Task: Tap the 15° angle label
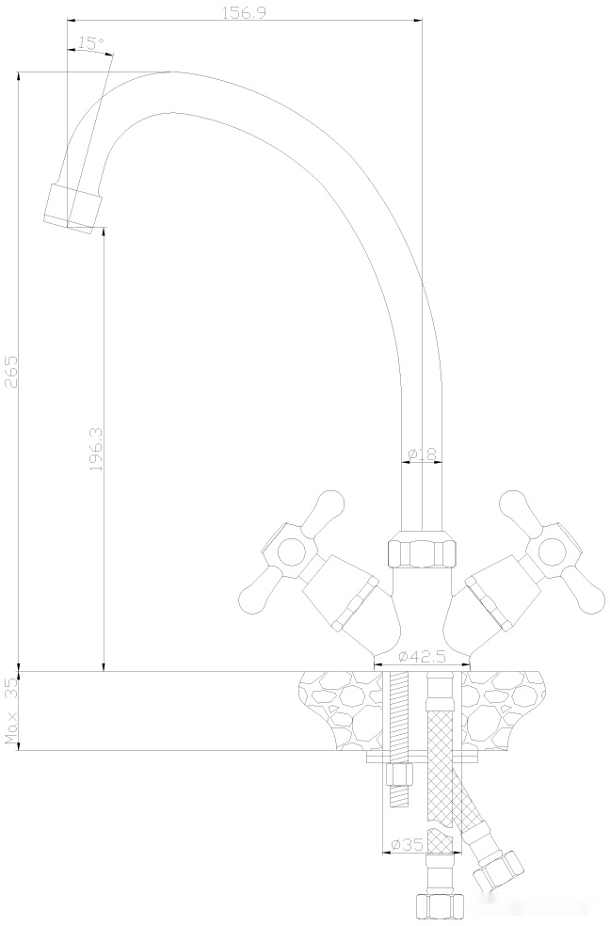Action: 90,43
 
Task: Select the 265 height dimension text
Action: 11,371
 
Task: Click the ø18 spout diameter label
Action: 423,455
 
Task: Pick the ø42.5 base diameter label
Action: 421,656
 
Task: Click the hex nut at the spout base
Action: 422,551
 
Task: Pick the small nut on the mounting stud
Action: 399,774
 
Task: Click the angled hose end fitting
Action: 500,867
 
